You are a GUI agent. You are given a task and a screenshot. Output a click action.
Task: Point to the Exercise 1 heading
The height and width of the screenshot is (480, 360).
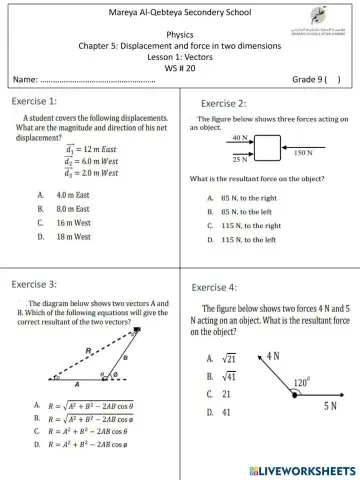pyautogui.click(x=34, y=101)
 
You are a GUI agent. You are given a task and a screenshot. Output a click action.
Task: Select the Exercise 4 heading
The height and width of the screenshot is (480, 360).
pyautogui.click(x=214, y=287)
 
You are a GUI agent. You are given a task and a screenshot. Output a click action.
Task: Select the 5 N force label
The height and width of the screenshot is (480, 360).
pyautogui.click(x=329, y=405)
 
